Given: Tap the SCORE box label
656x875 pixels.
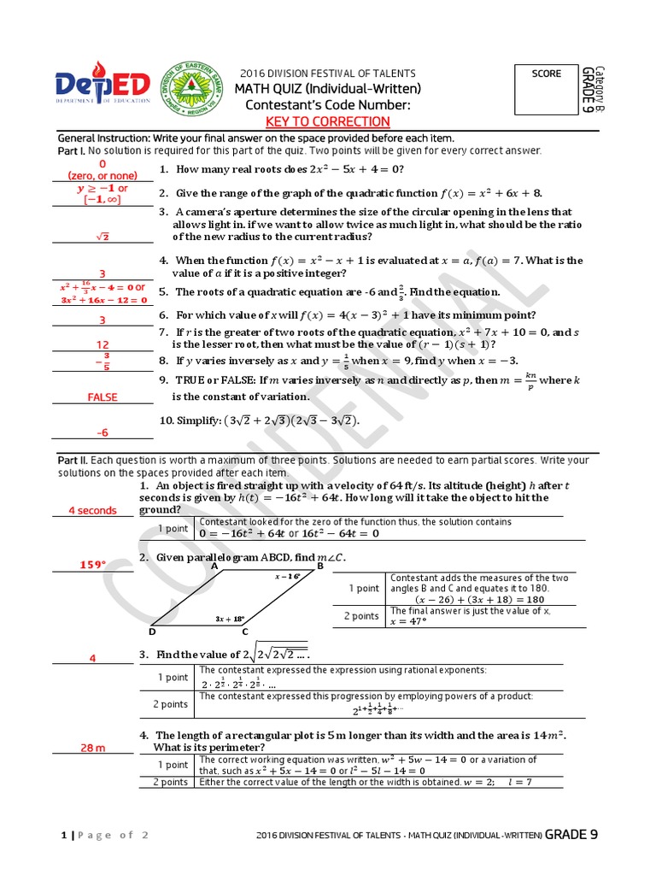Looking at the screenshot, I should coord(547,73).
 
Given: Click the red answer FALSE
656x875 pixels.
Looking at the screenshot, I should coord(102,397).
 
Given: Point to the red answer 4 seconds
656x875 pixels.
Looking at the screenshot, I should coord(92,511).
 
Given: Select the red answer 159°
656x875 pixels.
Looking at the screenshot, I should coord(93,565).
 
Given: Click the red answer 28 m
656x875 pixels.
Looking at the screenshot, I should coord(93,749).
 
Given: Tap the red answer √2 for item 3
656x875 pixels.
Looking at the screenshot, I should coord(102,237).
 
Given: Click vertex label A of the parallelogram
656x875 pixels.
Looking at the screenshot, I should coord(214,566).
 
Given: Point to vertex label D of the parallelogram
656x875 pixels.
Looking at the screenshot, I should coord(152,631).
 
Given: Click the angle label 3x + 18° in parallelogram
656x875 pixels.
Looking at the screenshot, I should coord(230,619).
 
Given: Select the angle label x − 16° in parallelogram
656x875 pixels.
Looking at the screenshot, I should coord(288,576).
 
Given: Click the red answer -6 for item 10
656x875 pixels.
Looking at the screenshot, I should coord(102,432).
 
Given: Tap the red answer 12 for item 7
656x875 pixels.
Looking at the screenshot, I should coord(102,344).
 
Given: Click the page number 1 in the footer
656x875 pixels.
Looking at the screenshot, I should coord(62,836).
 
